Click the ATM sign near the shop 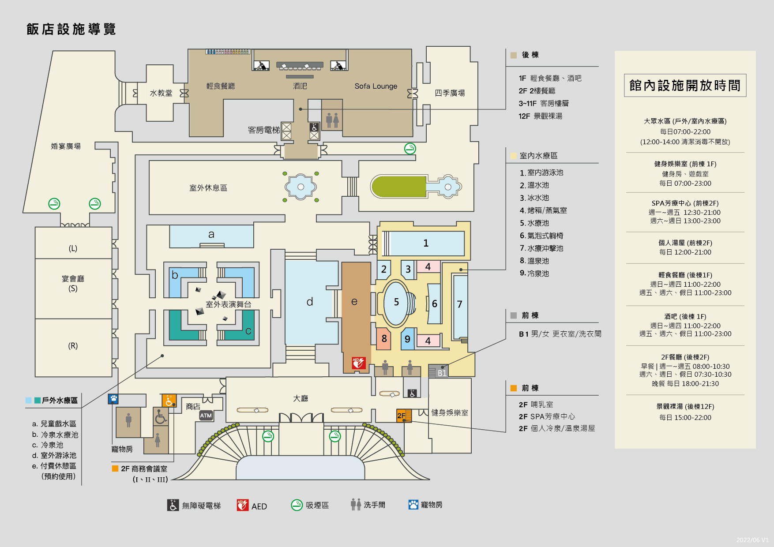206,416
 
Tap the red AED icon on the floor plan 358,363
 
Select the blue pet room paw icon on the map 113,399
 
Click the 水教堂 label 161,93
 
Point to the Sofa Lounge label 376,86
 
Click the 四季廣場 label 450,93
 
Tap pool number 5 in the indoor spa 396,302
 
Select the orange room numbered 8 384,338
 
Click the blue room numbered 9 407,339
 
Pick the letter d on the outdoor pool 310,302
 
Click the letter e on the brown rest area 354,302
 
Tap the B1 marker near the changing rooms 442,373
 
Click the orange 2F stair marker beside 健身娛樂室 404,416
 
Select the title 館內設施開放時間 685,86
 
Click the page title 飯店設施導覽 71,29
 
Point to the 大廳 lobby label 301,398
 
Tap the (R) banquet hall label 73,346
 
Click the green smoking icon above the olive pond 410,149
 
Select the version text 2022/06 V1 752,540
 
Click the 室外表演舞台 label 229,304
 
